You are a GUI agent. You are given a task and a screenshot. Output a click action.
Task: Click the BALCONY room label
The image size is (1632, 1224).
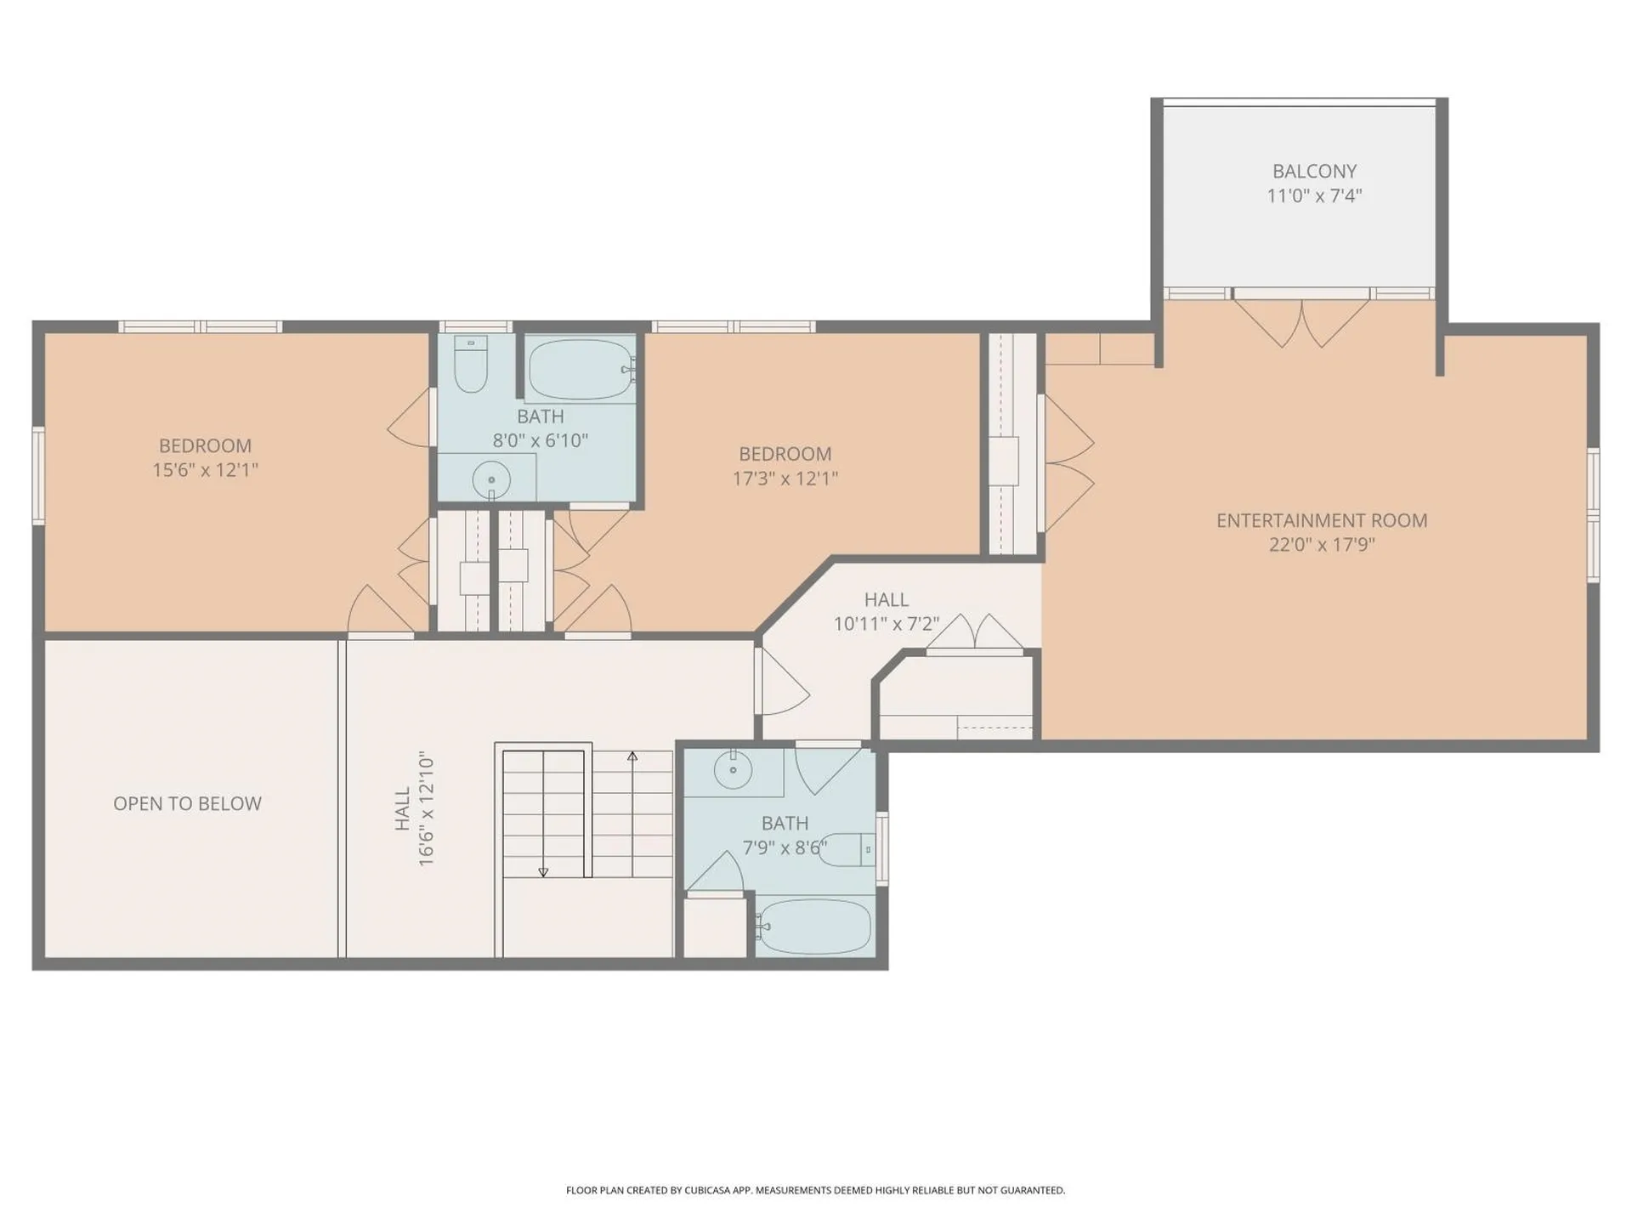point(1313,171)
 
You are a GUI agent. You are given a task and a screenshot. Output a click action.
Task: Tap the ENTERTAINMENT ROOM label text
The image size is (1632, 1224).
point(1321,520)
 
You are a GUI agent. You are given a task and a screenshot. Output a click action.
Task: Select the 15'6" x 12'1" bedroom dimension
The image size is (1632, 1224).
point(205,470)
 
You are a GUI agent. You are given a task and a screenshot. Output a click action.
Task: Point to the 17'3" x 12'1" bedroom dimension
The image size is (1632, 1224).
point(785,479)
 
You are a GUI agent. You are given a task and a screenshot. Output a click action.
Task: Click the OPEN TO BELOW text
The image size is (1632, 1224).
point(187,803)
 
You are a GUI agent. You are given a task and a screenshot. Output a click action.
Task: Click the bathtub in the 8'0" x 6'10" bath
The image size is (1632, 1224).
point(581,370)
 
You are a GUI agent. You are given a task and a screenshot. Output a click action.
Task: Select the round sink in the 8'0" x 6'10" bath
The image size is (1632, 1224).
point(490,479)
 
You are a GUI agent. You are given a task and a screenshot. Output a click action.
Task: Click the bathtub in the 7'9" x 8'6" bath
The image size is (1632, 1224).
point(814,926)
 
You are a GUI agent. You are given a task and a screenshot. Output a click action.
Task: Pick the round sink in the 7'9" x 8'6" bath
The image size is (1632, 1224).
point(733,770)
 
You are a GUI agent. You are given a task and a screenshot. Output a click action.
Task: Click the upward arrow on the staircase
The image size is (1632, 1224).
point(632,756)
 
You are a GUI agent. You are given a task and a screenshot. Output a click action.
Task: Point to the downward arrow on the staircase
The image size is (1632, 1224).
point(543,872)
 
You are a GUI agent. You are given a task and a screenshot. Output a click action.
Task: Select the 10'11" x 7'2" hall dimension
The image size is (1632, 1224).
point(886,624)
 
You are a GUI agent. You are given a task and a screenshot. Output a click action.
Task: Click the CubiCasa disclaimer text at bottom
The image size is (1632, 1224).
point(815,1190)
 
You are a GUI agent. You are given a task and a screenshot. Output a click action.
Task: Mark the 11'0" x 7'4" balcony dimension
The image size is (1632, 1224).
point(1313,196)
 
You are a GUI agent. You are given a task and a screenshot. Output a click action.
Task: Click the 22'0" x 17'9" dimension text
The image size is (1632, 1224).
point(1321,545)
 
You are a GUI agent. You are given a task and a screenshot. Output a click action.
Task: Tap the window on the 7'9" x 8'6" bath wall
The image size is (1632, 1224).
point(881,847)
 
